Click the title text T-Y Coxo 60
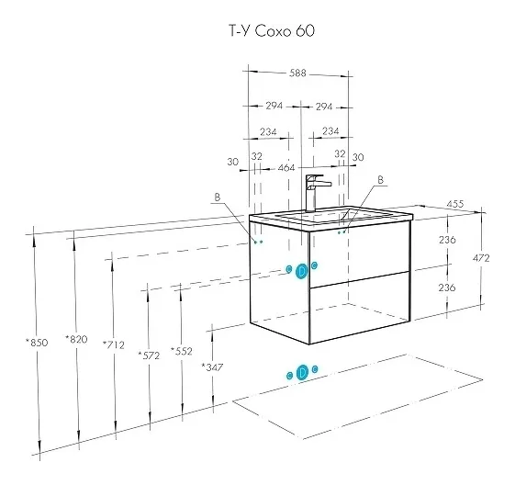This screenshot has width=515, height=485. click(x=272, y=31)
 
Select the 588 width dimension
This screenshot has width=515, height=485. click(x=297, y=73)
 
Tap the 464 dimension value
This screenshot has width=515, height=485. click(x=286, y=168)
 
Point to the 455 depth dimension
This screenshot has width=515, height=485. click(x=455, y=204)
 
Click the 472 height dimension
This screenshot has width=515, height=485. click(x=481, y=258)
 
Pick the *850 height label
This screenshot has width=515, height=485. click(x=37, y=343)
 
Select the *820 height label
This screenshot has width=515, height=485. click(x=76, y=339)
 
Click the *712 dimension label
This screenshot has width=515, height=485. click(x=114, y=344)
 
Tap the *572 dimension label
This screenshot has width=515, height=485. click(x=149, y=355)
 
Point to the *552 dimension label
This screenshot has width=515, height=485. click(x=182, y=351)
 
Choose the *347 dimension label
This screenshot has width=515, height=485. click(x=212, y=367)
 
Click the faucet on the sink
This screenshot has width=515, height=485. click(x=316, y=193)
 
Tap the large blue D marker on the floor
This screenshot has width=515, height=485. click(x=301, y=373)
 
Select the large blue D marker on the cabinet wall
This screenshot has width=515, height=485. click(x=301, y=271)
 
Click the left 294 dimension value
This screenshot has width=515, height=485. click(x=274, y=106)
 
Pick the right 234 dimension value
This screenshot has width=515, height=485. click(x=330, y=130)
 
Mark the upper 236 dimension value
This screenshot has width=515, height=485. click(x=447, y=240)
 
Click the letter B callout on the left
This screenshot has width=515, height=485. click(x=217, y=197)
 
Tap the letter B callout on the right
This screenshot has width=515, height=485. click(x=380, y=180)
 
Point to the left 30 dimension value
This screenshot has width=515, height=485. click(x=232, y=162)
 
